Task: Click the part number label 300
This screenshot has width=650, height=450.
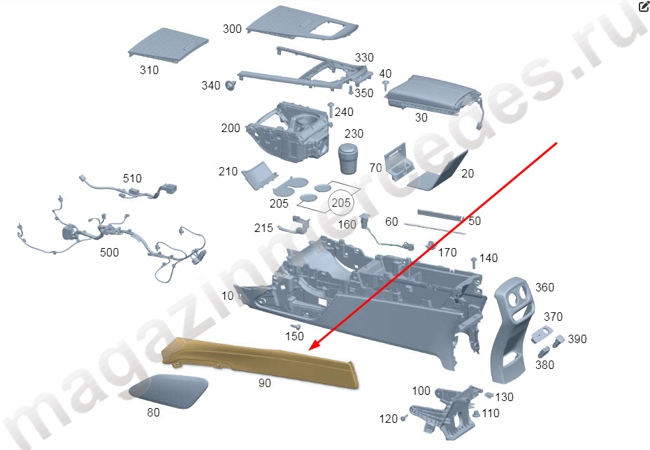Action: click(232, 29)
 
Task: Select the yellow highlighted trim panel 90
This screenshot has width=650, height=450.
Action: click(259, 361)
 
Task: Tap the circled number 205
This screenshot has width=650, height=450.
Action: click(341, 203)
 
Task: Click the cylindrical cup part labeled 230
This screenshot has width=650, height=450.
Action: click(348, 159)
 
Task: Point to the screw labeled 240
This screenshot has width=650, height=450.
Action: click(331, 110)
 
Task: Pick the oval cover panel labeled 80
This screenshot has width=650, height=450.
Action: click(168, 391)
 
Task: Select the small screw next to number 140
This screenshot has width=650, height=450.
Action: click(474, 263)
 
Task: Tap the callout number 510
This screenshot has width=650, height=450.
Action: click(132, 178)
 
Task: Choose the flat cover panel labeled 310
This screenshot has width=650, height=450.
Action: click(168, 45)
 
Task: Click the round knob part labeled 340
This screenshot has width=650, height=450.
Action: click(230, 85)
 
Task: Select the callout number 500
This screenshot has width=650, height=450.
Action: click(110, 252)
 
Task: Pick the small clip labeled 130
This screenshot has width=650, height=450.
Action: click(489, 395)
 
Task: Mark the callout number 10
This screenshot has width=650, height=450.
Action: click(228, 296)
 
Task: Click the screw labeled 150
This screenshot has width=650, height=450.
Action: click(296, 327)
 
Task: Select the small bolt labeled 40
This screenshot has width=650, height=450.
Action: click(386, 86)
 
